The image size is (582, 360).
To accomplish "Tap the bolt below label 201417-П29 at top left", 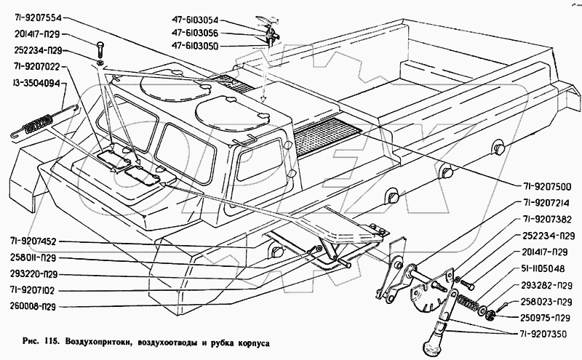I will tap(99, 52).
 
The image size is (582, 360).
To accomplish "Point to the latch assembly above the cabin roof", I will tap(266, 33).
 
